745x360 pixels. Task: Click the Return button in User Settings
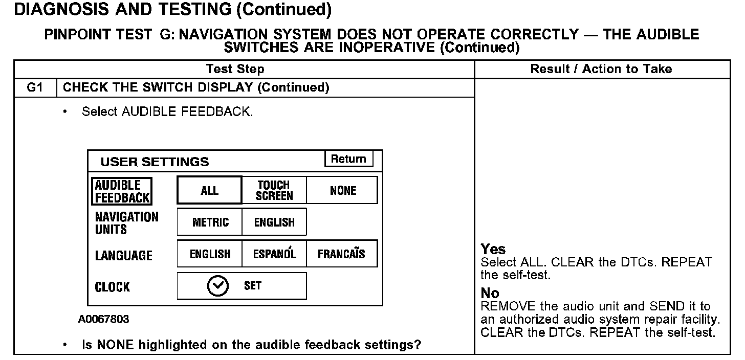point(348,159)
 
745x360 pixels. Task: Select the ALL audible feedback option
point(209,191)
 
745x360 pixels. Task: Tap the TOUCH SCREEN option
point(274,191)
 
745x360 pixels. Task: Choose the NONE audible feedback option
point(343,191)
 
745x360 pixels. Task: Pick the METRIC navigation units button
point(210,222)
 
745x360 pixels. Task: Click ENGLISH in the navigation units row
point(274,222)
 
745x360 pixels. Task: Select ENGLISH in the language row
point(210,254)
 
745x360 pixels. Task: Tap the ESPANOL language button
point(274,254)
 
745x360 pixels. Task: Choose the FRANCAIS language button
point(341,254)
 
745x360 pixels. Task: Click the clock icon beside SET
point(217,286)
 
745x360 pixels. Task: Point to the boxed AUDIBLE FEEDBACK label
point(122,191)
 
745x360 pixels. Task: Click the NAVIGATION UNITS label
point(127,223)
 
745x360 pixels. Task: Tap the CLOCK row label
point(113,287)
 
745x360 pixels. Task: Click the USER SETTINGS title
point(155,162)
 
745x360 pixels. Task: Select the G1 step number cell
point(34,87)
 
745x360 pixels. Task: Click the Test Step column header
point(235,69)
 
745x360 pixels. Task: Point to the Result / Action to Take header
point(601,69)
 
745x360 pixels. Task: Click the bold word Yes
point(493,250)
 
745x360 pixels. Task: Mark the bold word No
point(490,294)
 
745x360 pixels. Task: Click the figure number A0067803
point(104,320)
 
